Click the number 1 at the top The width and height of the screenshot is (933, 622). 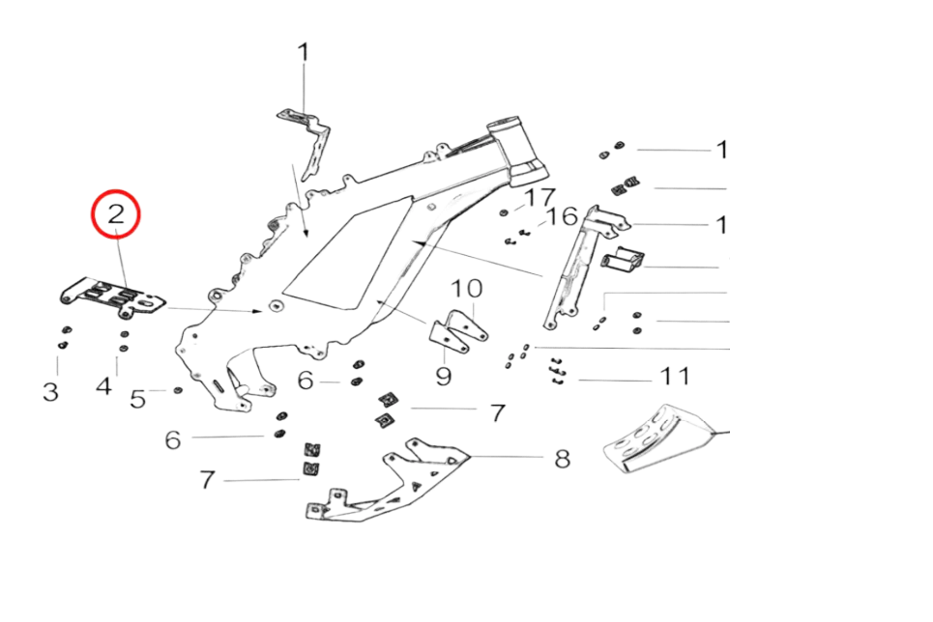pyautogui.click(x=304, y=51)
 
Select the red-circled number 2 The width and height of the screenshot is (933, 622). pyautogui.click(x=116, y=217)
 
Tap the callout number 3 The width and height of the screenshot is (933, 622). pyautogui.click(x=51, y=391)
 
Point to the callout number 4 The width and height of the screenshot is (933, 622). pyautogui.click(x=105, y=386)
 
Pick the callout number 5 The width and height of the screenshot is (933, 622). pyautogui.click(x=138, y=396)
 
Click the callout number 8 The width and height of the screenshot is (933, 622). pyautogui.click(x=562, y=458)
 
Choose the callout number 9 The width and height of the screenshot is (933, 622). pyautogui.click(x=444, y=374)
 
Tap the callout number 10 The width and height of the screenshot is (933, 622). pyautogui.click(x=466, y=289)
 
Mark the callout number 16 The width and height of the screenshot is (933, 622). pyautogui.click(x=562, y=217)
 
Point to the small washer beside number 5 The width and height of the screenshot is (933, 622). pyautogui.click(x=178, y=390)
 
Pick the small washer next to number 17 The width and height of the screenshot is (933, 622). pyautogui.click(x=505, y=212)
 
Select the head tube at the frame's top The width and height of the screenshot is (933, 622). pyautogui.click(x=509, y=145)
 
